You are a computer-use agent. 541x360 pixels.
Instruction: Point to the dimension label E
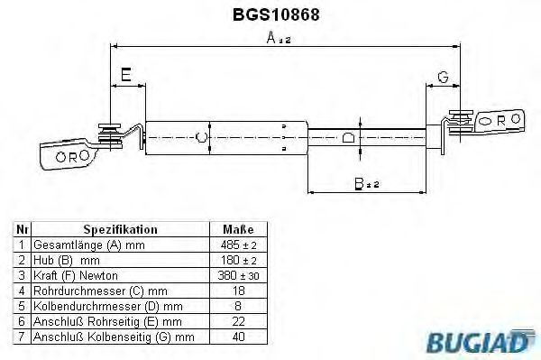(x=127, y=76)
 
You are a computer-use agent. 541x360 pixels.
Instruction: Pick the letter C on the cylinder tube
(x=201, y=137)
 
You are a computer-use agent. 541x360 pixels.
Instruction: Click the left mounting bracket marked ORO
(x=69, y=154)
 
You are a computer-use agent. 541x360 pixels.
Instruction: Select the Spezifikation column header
(x=120, y=230)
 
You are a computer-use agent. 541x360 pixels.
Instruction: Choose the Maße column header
(x=238, y=230)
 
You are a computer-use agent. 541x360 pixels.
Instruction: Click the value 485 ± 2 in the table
(x=238, y=245)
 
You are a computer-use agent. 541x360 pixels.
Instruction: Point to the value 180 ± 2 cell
(x=238, y=260)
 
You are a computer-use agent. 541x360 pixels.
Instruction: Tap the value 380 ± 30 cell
(x=238, y=275)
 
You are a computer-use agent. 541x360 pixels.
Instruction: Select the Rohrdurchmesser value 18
(x=238, y=291)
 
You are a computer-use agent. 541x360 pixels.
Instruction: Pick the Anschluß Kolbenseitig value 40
(x=238, y=337)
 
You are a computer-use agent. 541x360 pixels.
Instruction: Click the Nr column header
(x=23, y=230)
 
